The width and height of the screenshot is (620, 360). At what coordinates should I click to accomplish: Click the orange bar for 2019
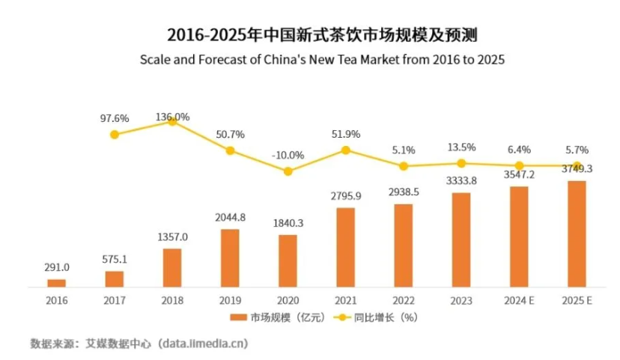tap(230, 257)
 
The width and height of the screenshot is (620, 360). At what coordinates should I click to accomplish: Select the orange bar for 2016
tap(57, 282)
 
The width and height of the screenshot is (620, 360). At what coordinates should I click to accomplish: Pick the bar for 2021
tap(345, 247)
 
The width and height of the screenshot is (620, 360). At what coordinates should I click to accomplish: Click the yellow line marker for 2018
tap(172, 120)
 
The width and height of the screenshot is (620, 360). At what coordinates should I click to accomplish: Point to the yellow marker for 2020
tap(288, 171)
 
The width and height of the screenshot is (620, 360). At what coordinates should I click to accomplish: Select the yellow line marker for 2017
tap(115, 135)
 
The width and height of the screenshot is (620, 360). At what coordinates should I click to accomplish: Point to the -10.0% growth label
tap(288, 155)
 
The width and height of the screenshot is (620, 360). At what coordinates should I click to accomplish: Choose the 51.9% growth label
tap(345, 134)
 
